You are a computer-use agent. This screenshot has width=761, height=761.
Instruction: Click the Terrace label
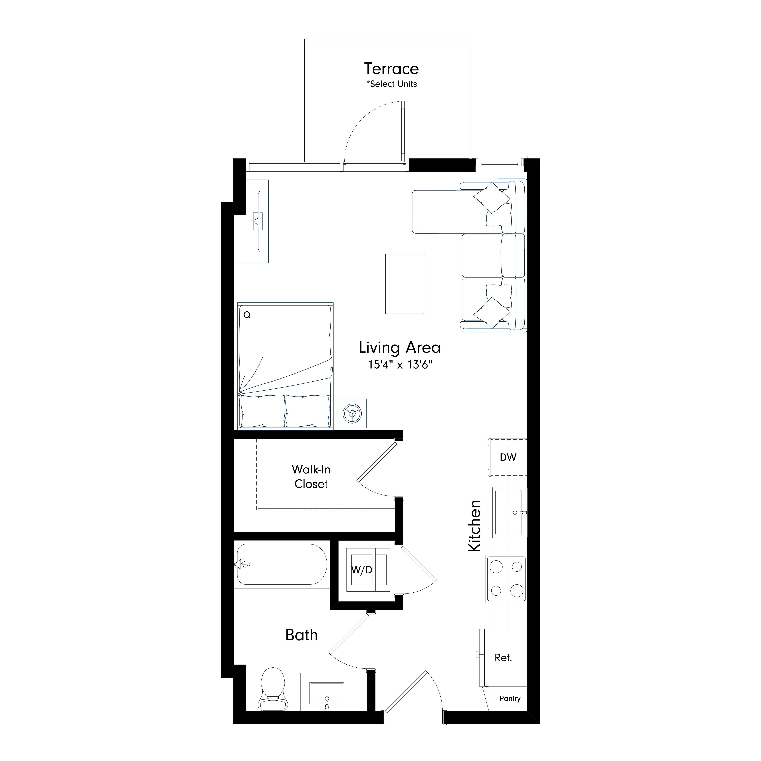click(391, 69)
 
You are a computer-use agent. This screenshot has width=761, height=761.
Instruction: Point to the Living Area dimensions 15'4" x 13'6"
click(400, 364)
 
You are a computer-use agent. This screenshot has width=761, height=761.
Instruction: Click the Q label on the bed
click(247, 315)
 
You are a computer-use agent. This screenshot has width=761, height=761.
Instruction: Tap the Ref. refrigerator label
click(503, 657)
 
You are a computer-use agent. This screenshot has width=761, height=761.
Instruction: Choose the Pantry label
click(510, 698)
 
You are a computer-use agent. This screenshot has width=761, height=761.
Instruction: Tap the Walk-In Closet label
click(311, 477)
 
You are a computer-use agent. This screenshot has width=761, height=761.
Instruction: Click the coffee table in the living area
click(405, 284)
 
